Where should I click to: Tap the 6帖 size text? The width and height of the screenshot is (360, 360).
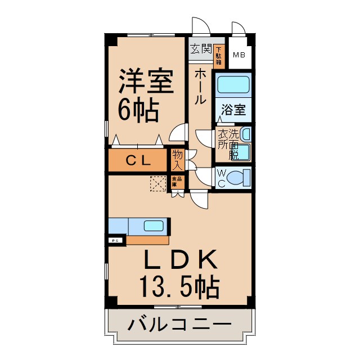[138, 109]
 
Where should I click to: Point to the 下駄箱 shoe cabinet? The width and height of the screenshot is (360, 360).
[218, 53]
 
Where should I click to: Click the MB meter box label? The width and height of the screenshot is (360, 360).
[239, 55]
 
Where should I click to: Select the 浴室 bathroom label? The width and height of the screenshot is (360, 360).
[233, 110]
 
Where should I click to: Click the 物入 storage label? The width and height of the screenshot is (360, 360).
[177, 159]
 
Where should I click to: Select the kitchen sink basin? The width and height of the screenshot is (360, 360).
[153, 226]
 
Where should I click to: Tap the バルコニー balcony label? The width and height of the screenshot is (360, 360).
[179, 325]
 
